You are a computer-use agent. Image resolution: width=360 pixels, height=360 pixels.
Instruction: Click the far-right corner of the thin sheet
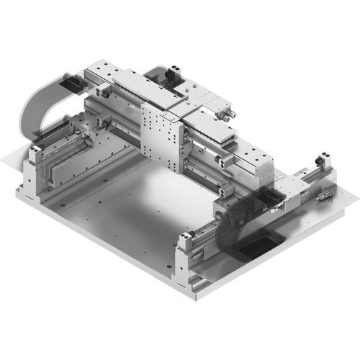tap(356, 193)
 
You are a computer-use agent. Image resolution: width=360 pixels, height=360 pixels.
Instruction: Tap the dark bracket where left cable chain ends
tap(73, 86)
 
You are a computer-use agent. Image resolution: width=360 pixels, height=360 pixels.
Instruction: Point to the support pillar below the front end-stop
tap(184, 266)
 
